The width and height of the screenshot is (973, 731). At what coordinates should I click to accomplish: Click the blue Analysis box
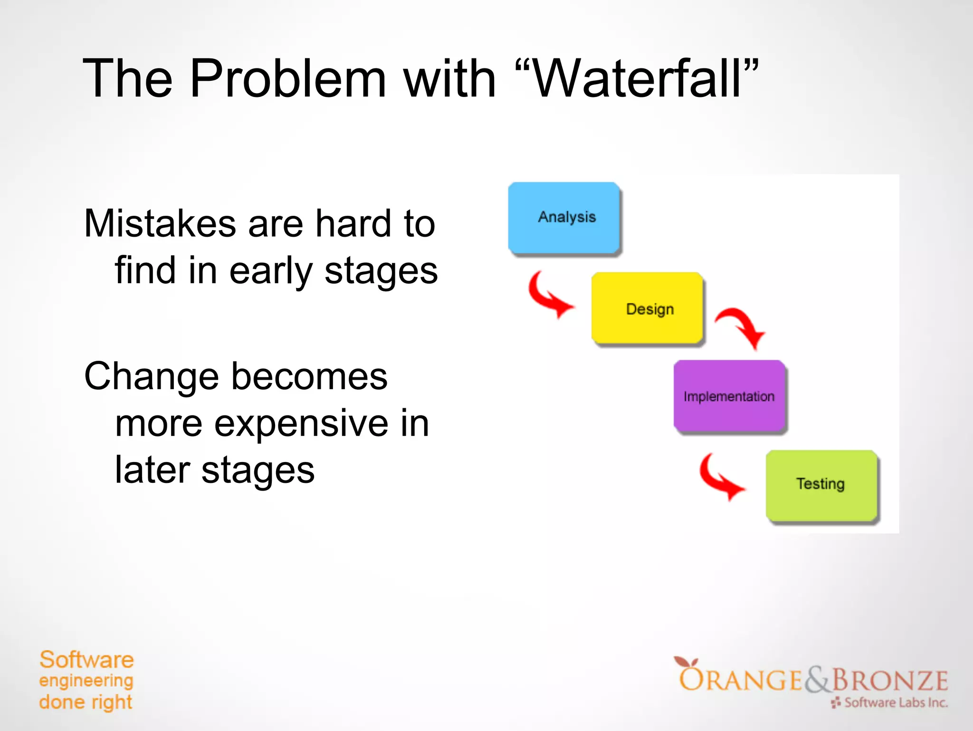coord(564,218)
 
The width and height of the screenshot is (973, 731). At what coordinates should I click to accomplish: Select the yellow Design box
coord(647,308)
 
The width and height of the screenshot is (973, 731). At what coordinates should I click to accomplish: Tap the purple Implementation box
coord(729,396)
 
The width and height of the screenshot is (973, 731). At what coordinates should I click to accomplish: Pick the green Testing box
coord(821,485)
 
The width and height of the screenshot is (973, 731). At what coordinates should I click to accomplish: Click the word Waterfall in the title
coord(637,78)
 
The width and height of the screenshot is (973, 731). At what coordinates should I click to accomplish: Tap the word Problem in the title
coord(287,78)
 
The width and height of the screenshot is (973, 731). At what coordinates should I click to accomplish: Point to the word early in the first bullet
coord(271,271)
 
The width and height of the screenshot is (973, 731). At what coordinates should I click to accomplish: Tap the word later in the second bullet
coord(152,470)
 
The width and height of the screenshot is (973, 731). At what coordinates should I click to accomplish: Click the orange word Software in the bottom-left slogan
coord(86,660)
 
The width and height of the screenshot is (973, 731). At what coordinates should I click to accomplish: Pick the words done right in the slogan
coord(86,702)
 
